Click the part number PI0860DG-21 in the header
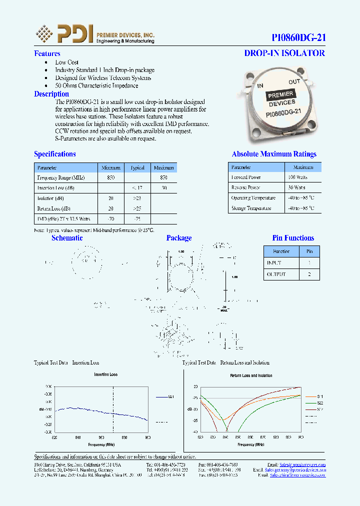298,37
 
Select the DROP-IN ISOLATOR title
284,53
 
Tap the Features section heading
47,53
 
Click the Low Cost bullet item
67,62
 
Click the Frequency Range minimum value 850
111,177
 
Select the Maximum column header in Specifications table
163,167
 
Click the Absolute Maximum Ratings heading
274,154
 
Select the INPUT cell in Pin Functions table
274,262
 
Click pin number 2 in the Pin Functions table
309,274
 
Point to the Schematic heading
67,238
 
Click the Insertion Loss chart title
105,374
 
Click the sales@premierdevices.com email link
302,464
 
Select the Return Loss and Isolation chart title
251,375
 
